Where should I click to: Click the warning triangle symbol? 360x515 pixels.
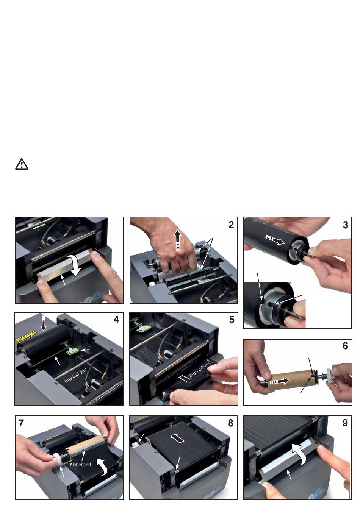(22, 164)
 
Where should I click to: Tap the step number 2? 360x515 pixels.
(231, 225)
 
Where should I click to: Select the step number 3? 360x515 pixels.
(345, 225)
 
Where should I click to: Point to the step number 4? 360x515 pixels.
(116, 320)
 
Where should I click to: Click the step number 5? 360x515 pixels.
(232, 320)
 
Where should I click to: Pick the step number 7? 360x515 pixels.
(21, 423)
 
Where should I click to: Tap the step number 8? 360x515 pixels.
(230, 423)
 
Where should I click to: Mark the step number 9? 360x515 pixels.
(345, 423)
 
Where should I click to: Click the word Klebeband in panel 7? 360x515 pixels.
(80, 464)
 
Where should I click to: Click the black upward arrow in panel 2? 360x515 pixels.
(178, 240)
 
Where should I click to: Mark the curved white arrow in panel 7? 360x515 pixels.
(102, 466)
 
